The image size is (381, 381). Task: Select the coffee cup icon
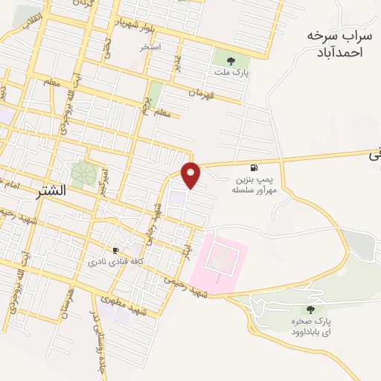(115, 250)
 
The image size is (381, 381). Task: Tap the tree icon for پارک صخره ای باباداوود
(310, 310)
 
